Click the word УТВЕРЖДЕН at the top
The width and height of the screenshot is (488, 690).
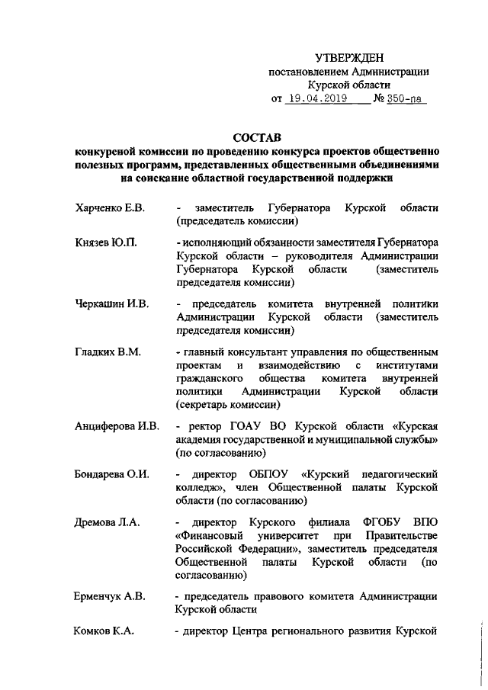pos(350,58)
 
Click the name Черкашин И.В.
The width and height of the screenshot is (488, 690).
pos(111,304)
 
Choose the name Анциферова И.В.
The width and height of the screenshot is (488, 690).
pos(116,425)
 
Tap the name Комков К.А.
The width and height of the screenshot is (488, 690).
pos(104,631)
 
